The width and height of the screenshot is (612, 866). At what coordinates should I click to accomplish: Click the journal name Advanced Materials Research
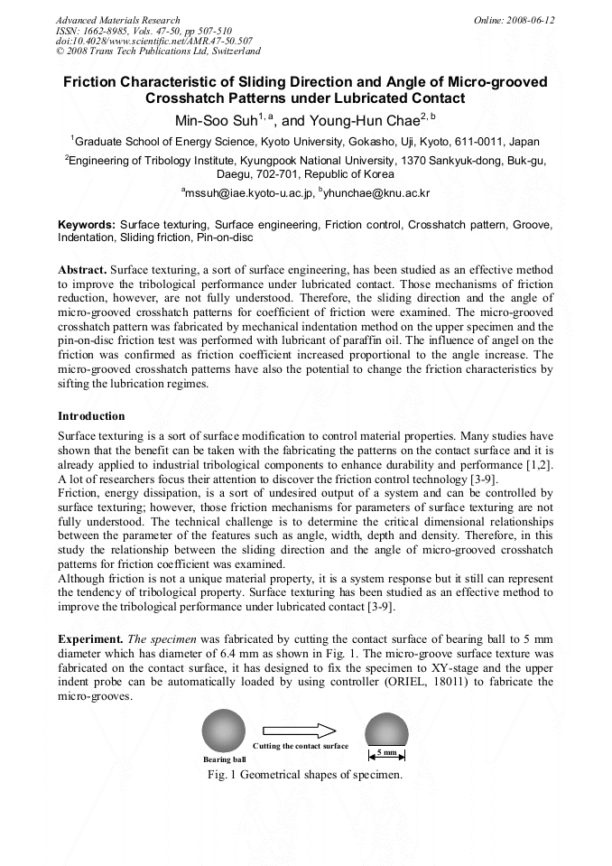pyautogui.click(x=117, y=20)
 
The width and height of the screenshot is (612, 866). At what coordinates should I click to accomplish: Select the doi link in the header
pyautogui.click(x=153, y=41)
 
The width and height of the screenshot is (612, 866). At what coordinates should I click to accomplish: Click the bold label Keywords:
pyautogui.click(x=87, y=222)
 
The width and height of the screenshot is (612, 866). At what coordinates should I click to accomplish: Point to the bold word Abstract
pyautogui.click(x=83, y=270)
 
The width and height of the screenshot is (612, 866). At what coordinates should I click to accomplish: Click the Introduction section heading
pyautogui.click(x=91, y=416)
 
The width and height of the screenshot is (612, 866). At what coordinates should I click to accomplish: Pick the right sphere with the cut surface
pyautogui.click(x=386, y=729)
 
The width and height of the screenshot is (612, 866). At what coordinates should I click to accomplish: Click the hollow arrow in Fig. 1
pyautogui.click(x=300, y=731)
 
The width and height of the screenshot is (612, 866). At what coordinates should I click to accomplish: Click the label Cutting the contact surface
pyautogui.click(x=300, y=746)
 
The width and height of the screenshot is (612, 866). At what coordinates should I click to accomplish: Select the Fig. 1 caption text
pyautogui.click(x=304, y=775)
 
